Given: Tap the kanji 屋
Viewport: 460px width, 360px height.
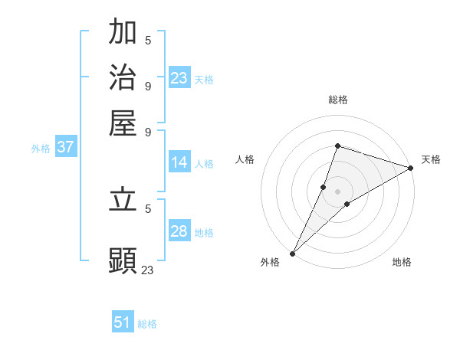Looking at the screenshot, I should tap(123, 123).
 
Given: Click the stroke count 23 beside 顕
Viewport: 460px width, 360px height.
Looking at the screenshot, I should tap(147, 270).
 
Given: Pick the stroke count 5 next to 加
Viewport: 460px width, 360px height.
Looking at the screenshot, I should tap(148, 39).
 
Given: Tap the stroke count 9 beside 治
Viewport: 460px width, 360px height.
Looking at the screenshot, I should tap(148, 85).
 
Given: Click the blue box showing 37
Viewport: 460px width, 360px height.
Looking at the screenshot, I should tap(65, 148).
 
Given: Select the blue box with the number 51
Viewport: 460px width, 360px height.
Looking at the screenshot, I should tap(123, 322).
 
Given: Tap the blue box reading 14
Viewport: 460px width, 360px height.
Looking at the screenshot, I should tap(179, 162).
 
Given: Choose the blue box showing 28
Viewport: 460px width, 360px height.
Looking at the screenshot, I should tap(179, 231).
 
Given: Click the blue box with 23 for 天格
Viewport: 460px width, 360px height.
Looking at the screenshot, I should tap(179, 78).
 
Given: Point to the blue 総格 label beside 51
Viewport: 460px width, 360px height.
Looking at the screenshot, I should tap(147, 324).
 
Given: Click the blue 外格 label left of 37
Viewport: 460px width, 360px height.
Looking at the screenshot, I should tap(41, 149).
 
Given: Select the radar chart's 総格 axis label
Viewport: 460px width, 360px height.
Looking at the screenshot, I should tap(337, 100).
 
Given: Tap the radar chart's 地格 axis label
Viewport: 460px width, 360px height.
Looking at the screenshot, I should tap(402, 263).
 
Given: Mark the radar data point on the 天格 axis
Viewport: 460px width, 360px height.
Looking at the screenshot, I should tap(411, 168).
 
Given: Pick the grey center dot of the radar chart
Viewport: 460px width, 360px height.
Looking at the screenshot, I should tap(337, 191).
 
